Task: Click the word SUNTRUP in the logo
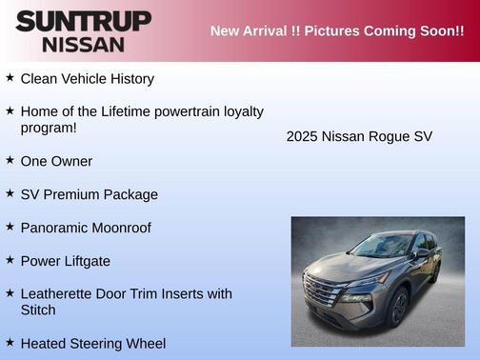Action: click(x=84, y=21)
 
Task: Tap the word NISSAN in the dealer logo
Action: click(x=84, y=44)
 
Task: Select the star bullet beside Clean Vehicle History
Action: click(x=10, y=77)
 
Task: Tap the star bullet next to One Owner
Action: click(x=10, y=160)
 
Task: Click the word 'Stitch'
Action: click(x=38, y=310)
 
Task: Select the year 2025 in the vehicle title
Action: click(x=303, y=136)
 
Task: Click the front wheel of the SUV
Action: click(x=399, y=307)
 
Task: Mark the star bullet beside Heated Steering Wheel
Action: click(x=10, y=341)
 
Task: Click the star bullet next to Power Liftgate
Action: click(x=10, y=259)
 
